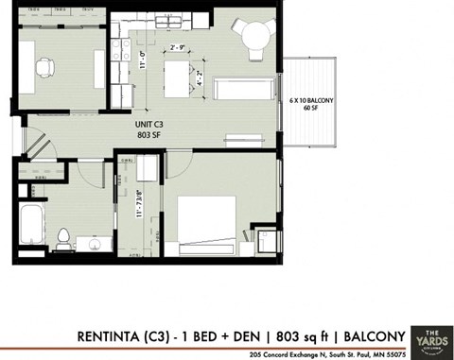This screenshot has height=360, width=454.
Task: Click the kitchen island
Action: (x=178, y=73)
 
